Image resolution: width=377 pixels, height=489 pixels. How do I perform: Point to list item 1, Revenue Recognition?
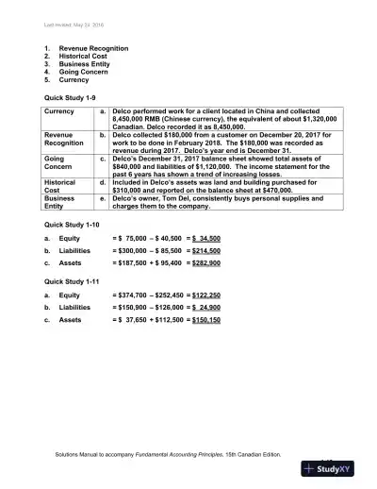[x=90, y=46]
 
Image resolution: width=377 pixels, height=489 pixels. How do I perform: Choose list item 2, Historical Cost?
[x=82, y=55]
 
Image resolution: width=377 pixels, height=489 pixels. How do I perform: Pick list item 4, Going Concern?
[x=82, y=71]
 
